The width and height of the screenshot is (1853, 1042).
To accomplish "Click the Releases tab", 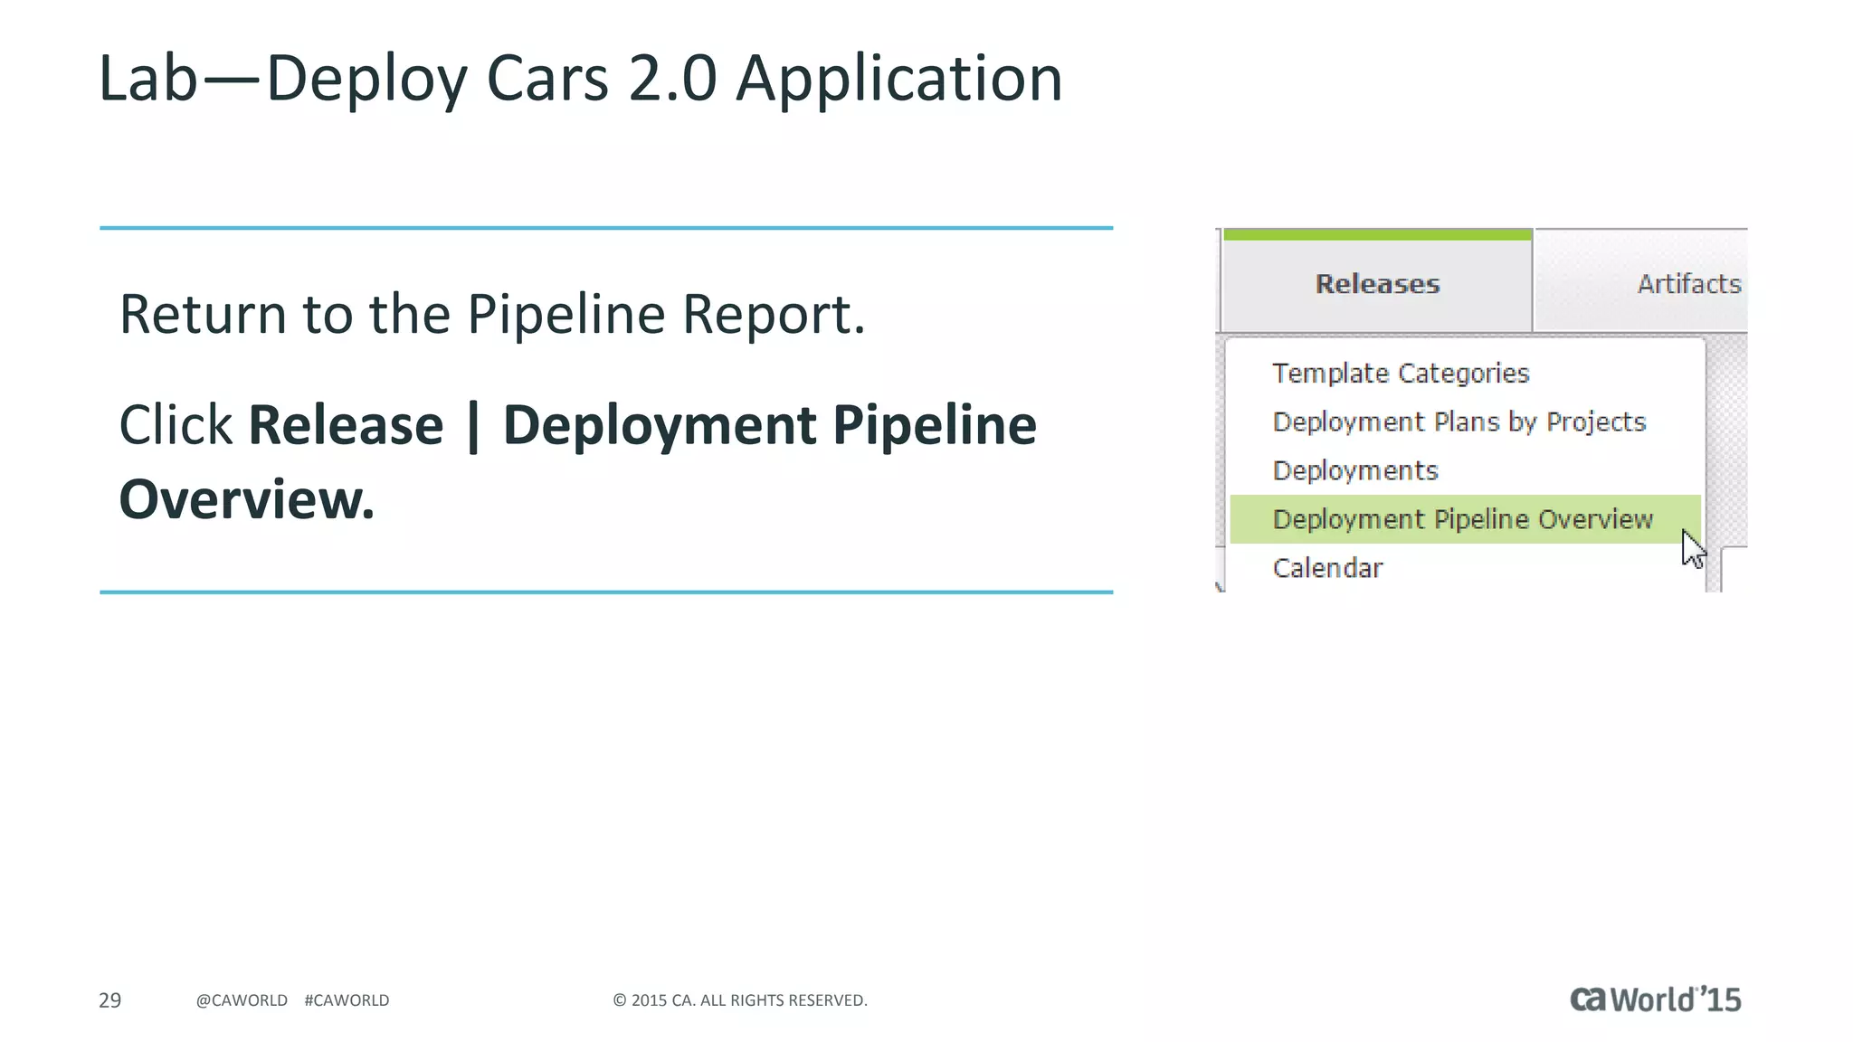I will click(x=1376, y=284).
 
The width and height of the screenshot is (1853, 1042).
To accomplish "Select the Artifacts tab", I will click(x=1688, y=284).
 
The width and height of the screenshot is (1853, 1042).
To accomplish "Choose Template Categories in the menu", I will click(x=1400, y=374).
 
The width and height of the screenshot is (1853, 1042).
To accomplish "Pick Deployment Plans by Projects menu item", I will click(x=1459, y=422).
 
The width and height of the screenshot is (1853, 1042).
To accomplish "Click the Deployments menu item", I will click(x=1354, y=471).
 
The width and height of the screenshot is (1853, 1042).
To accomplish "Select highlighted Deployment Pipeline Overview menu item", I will click(x=1462, y=520).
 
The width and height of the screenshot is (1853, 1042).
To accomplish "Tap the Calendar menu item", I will click(x=1327, y=569).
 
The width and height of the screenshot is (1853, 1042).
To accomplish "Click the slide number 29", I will click(x=109, y=1000).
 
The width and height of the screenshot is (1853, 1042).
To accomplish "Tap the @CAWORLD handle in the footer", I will click(x=242, y=1000).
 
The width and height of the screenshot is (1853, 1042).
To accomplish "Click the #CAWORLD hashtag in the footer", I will click(x=347, y=1000).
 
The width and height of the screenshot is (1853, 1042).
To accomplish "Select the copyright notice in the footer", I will click(x=740, y=1000).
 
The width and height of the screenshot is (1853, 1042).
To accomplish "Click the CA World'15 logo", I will click(x=1655, y=999).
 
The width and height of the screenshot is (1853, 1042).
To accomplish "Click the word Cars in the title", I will click(x=547, y=79).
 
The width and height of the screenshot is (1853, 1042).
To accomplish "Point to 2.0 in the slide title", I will click(x=673, y=79).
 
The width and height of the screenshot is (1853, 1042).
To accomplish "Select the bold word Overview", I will click(x=246, y=499).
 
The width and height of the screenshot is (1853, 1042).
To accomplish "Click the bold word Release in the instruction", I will click(x=346, y=425).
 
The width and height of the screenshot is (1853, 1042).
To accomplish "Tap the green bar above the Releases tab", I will click(x=1376, y=235).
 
